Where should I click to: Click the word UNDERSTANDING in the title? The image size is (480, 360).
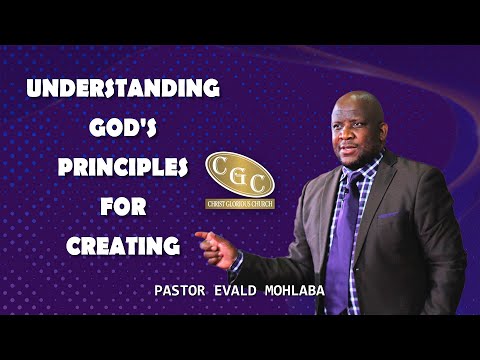pos(122,88)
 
